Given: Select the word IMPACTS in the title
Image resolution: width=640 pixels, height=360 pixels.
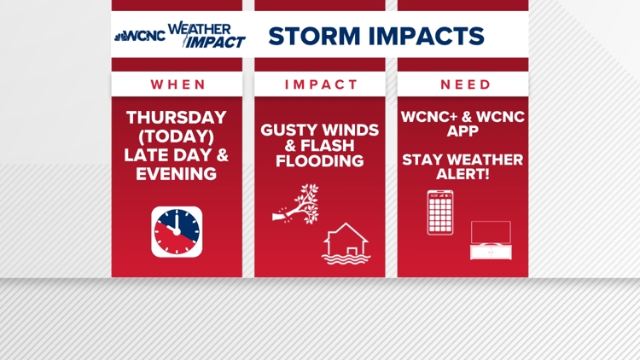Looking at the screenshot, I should click(x=426, y=36).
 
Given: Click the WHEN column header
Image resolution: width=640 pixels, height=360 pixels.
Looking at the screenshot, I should click(x=178, y=84).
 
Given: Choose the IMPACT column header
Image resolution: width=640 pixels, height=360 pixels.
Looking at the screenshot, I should click(x=322, y=84).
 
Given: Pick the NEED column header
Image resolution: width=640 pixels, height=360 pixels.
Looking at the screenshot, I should click(x=465, y=84).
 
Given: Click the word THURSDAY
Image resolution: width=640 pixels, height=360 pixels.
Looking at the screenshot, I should click(x=177, y=118).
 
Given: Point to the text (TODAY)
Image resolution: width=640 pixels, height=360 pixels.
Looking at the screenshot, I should click(x=177, y=136).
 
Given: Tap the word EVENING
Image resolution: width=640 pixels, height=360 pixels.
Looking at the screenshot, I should click(x=177, y=174).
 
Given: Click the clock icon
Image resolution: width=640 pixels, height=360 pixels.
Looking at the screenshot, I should click(x=177, y=231).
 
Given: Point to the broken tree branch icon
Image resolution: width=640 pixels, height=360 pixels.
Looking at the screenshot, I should click(x=296, y=205).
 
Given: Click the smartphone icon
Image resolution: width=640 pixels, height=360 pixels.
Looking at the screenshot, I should click(x=440, y=212).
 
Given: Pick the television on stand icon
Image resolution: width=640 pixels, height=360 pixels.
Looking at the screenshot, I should click(x=490, y=240).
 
